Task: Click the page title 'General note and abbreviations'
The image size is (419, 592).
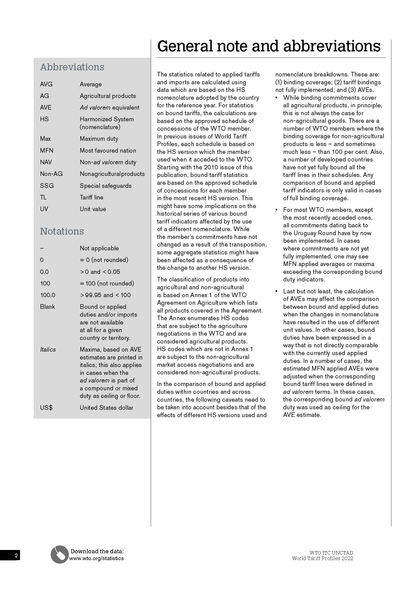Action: tap(269, 46)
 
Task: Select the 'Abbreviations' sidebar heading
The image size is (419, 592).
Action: tap(72, 67)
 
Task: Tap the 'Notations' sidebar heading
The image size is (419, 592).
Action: tap(62, 231)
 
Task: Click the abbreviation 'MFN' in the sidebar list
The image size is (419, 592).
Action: tap(47, 151)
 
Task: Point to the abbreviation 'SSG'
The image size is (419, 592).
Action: tap(47, 186)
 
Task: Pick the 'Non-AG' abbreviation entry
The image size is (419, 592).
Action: tap(51, 174)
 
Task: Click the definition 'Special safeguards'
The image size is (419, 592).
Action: tap(106, 186)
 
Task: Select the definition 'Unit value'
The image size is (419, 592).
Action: tap(93, 209)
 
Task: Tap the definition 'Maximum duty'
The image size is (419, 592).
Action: tap(99, 139)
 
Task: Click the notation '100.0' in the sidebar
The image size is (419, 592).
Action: tap(48, 295)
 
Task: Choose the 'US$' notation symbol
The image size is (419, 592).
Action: tap(46, 408)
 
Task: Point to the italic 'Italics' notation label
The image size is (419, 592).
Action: tap(48, 350)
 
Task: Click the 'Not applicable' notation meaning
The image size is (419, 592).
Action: tap(99, 248)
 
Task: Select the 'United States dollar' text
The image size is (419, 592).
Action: tap(106, 408)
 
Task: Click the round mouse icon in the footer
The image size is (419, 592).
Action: tap(59, 554)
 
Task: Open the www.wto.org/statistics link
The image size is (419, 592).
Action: tap(96, 558)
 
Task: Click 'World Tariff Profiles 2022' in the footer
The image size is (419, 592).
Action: tap(322, 558)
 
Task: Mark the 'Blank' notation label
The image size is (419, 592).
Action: tap(47, 307)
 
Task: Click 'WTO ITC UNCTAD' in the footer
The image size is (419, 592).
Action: tap(331, 553)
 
